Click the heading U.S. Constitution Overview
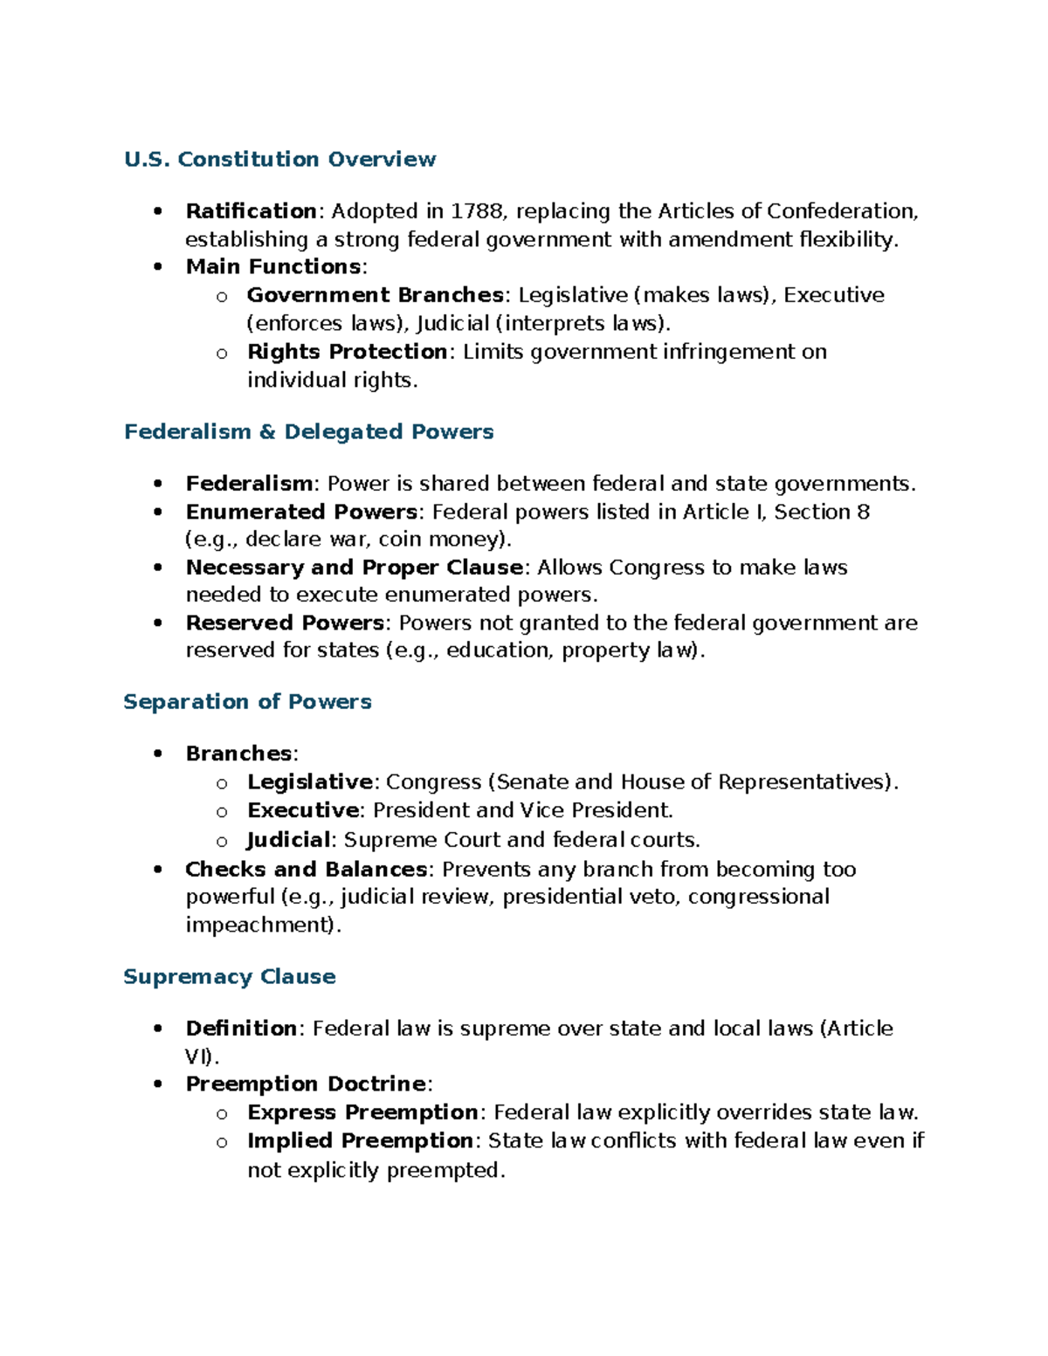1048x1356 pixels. coord(279,160)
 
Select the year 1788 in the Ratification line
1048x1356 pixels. coord(476,211)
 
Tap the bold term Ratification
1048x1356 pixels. coord(251,211)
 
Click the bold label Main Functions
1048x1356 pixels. coord(273,266)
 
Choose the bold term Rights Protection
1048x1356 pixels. coord(347,352)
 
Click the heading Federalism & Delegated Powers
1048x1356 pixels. coord(308,432)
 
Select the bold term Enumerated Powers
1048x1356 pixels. coord(301,512)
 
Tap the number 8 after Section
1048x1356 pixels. coord(863,512)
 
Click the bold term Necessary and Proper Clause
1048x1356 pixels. coord(354,568)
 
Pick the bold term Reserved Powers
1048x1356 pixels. coord(285,623)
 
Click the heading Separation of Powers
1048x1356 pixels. coord(247,702)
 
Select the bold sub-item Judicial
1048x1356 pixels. coord(288,840)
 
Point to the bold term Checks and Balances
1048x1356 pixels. coord(306,870)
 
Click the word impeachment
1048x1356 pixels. coord(259,926)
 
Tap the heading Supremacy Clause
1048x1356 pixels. coord(229,977)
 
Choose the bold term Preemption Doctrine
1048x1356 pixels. coord(306,1084)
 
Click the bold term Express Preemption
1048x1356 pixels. coord(362,1112)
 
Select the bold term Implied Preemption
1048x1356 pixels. coord(360,1141)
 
